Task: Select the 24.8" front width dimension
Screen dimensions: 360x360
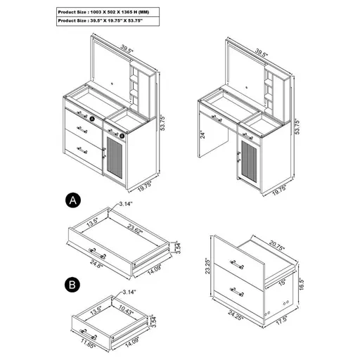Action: [x=97, y=266]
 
